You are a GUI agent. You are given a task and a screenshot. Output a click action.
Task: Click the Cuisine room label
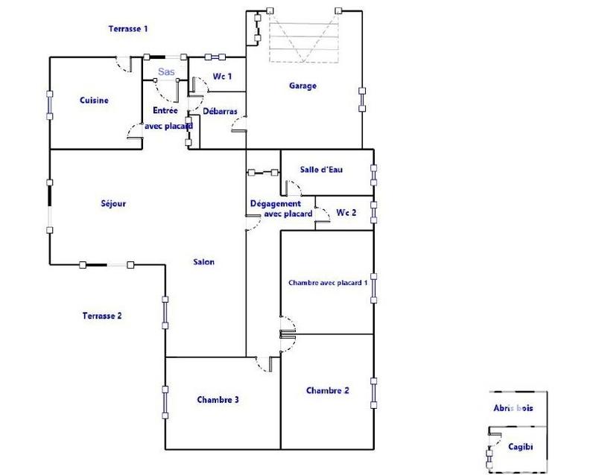pos(95,101)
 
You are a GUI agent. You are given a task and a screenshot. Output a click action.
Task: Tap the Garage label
pos(302,86)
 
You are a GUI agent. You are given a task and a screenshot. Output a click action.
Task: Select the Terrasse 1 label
pos(128,29)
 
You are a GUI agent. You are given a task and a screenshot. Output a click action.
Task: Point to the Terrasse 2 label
pos(101,316)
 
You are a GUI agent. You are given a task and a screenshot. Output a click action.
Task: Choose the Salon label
pos(203,262)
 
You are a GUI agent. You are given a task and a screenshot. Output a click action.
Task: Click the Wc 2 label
pos(346,212)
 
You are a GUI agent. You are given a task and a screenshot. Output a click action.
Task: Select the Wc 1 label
pos(223,76)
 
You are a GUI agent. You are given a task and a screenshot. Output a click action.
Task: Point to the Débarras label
pos(220,111)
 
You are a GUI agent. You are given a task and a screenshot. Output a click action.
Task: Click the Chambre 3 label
pos(218,400)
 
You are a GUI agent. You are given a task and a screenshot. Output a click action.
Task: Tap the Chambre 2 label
pos(327,390)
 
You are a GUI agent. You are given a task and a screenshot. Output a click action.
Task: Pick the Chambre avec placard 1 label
pos(328,283)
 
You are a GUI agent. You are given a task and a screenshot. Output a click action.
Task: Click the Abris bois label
pos(513,408)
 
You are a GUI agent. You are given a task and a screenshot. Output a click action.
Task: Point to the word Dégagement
pos(275,204)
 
